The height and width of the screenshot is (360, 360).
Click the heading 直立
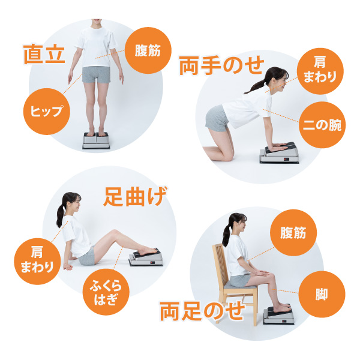(44, 54)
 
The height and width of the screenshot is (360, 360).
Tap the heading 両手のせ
(221, 65)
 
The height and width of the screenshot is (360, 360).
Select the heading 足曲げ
(135, 197)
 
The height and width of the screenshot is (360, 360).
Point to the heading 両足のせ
(202, 311)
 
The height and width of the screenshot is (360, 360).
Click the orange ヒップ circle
(47, 112)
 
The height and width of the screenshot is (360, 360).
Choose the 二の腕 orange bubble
(322, 125)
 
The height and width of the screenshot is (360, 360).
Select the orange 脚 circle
(322, 295)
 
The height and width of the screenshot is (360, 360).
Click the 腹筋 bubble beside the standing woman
(148, 50)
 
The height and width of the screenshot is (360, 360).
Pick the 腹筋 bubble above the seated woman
(293, 233)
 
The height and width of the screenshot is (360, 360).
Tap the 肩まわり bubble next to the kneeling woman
(320, 71)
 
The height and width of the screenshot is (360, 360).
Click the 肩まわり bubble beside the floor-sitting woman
(37, 262)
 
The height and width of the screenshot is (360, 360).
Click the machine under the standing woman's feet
(97, 141)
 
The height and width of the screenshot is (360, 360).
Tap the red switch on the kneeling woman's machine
(286, 158)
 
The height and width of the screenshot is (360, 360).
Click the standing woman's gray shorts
(96, 74)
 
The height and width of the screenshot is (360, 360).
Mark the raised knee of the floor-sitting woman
(113, 232)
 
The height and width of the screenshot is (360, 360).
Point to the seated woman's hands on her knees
(261, 273)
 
